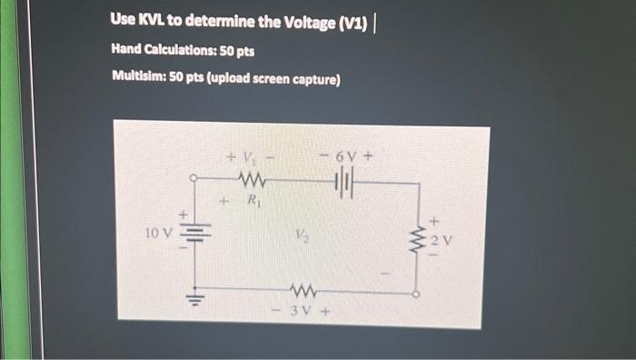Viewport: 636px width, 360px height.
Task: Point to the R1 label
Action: tap(253, 195)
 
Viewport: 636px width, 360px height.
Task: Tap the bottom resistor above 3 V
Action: tap(301, 291)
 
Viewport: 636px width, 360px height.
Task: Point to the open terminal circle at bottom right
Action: tap(417, 294)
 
